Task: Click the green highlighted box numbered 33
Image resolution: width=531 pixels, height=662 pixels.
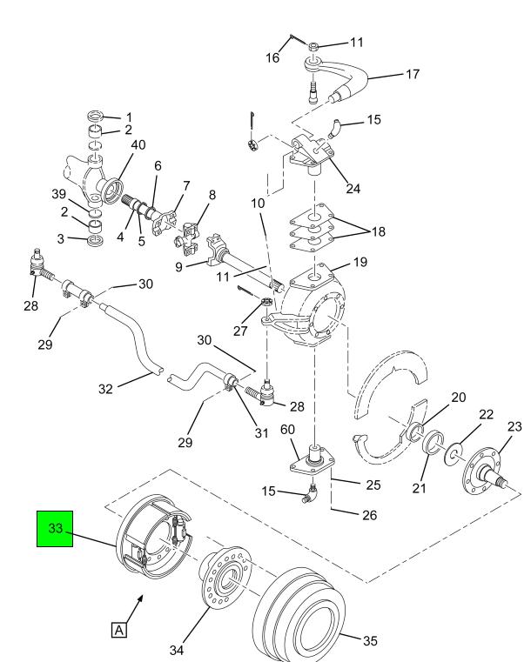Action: coord(55,529)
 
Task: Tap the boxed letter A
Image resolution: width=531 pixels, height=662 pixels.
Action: coord(119,630)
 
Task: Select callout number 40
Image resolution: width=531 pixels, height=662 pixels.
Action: coord(138,144)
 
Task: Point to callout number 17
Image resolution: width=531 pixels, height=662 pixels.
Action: coord(413,74)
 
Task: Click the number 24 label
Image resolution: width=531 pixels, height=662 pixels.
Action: coord(353,188)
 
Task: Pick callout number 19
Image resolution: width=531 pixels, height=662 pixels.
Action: coord(360,262)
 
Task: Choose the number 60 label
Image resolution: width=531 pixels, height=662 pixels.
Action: coord(287,430)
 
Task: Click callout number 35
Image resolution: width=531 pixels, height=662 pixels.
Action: coord(370,641)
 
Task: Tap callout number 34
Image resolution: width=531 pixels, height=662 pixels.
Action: coord(177,650)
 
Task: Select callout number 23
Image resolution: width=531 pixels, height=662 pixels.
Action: coord(514,427)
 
